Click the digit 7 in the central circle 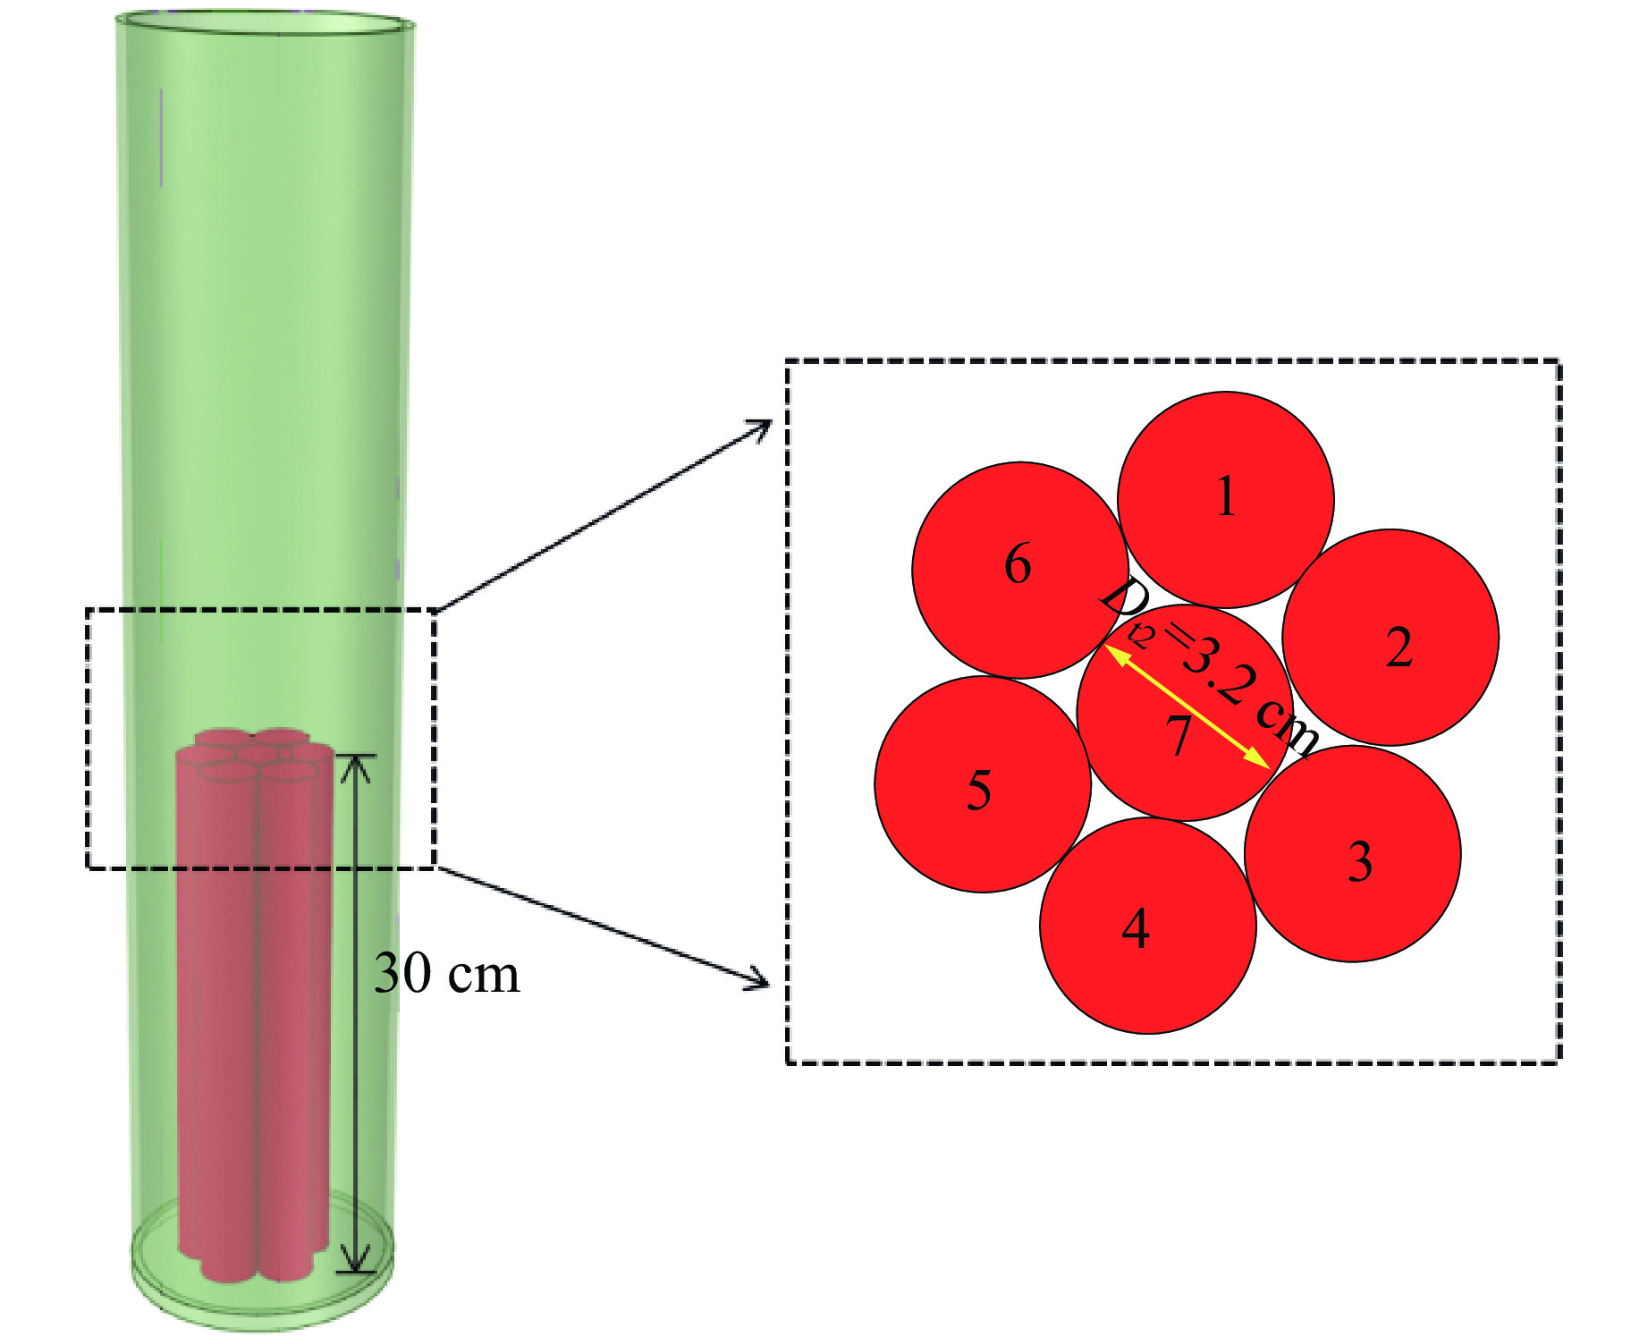coord(1179,736)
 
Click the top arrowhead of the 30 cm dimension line coord(356,765)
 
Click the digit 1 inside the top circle coord(1227,496)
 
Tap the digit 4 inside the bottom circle coord(1136,928)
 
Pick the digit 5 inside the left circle coord(979,791)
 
